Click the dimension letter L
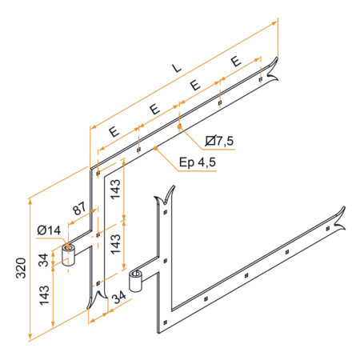point(176,68)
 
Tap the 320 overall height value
point(21,268)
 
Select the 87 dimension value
point(80,209)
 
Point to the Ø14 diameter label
point(49,230)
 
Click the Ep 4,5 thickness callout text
point(198,162)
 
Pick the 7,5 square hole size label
point(219,141)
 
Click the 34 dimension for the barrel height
point(43,260)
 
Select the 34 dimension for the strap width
point(118,297)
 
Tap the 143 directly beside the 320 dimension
point(44,295)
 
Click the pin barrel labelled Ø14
point(68,255)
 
